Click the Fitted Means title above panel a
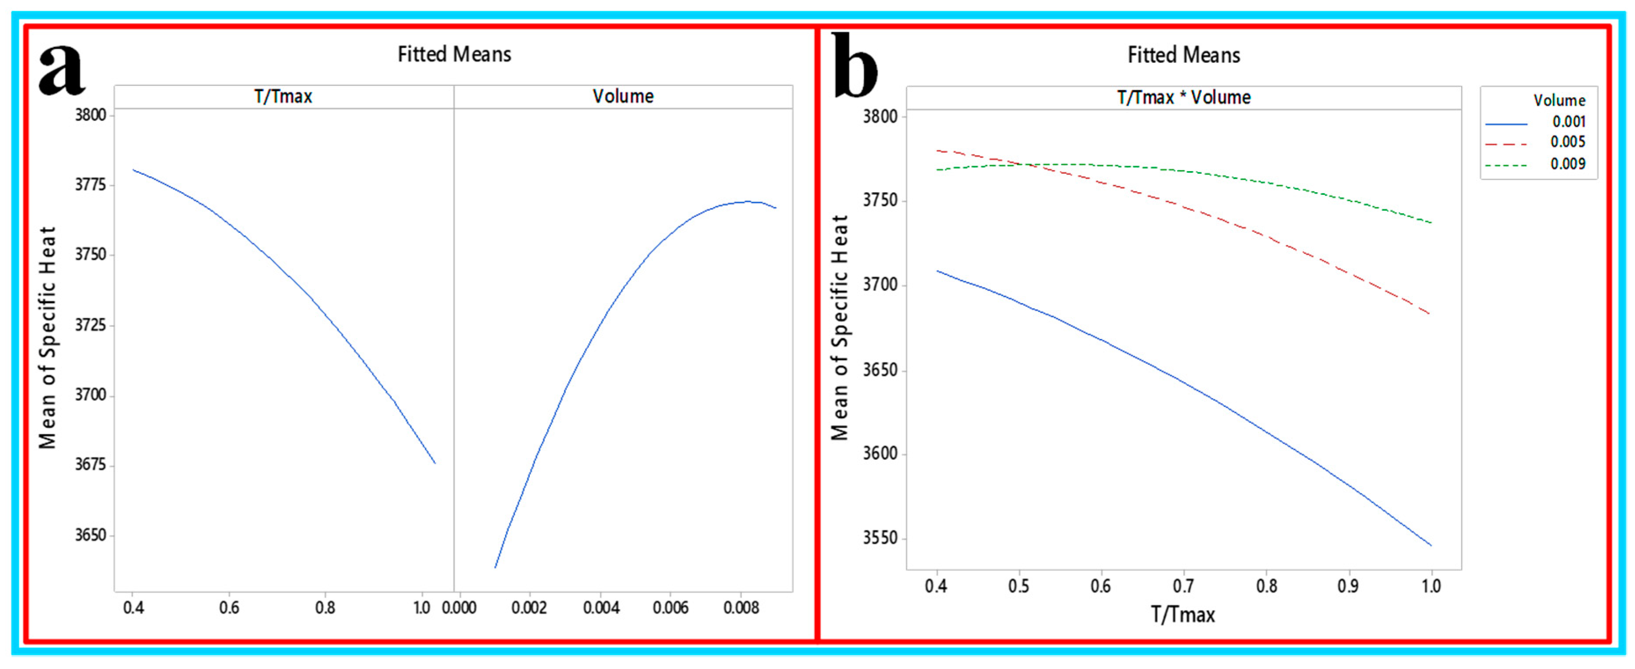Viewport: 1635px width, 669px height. [454, 55]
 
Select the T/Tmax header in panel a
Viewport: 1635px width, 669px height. [283, 96]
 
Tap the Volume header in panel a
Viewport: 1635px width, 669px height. [623, 96]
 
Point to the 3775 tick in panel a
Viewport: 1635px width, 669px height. [90, 185]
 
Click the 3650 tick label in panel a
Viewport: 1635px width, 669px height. [90, 535]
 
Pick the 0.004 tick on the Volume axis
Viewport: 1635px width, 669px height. [601, 608]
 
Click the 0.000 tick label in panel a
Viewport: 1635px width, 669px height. [459, 608]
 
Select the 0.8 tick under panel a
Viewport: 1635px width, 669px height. [325, 608]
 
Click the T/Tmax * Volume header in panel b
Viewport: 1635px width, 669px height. [1184, 98]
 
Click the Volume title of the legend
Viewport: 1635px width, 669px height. [1559, 100]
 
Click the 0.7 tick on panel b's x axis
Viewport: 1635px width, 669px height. [1183, 586]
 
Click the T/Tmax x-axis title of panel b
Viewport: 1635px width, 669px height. [1183, 615]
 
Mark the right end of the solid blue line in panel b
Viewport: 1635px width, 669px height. [1431, 545]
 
